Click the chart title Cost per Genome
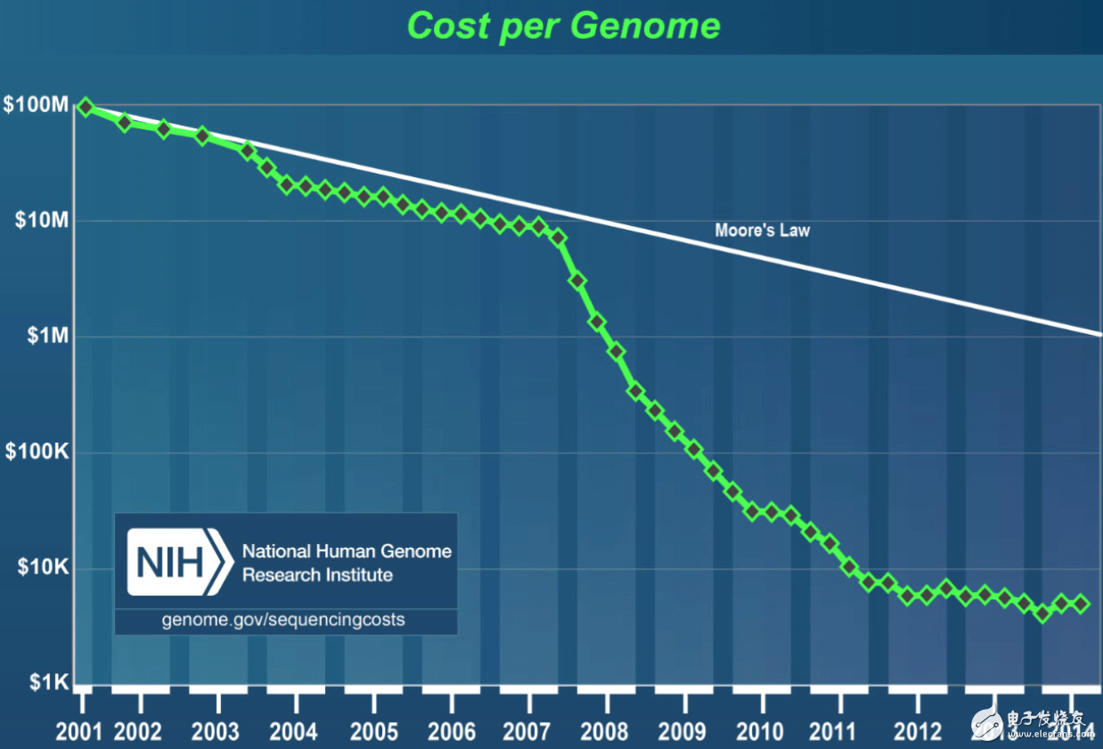coord(563,25)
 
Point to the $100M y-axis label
coord(36,105)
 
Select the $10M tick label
coord(41,220)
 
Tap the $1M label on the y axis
coord(46,336)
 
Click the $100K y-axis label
coord(37,452)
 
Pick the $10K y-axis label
coord(42,567)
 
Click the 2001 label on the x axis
coord(79,731)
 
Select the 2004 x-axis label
coord(294,731)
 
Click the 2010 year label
coord(761,731)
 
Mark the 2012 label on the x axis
coord(917,731)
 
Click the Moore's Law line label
coord(762,231)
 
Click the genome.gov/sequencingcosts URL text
coord(283,619)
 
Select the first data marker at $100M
coord(86,107)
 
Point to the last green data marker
coord(1081,604)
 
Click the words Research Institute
coord(317,574)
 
